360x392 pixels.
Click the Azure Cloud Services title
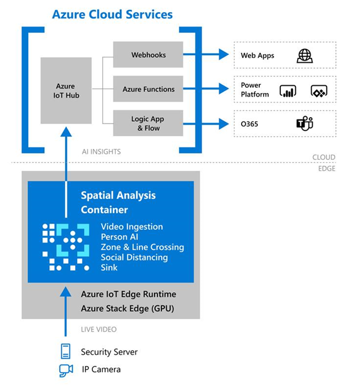coord(112,14)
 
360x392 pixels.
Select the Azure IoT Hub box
coord(66,91)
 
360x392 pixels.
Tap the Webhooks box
coord(148,55)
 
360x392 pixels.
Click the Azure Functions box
coord(148,89)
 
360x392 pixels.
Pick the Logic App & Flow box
coord(148,124)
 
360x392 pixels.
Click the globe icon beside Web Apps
coord(305,55)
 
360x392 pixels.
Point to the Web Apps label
coord(257,56)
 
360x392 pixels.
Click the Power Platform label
coord(255,89)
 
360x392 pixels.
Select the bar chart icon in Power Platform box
coord(287,91)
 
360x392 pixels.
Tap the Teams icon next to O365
coord(304,124)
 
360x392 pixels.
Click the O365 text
coord(250,124)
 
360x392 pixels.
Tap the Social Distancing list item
coord(134,257)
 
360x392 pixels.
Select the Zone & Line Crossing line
coord(142,247)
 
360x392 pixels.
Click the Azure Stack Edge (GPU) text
coord(127,308)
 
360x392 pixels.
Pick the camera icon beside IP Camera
coord(66,370)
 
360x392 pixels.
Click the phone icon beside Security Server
coord(66,351)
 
